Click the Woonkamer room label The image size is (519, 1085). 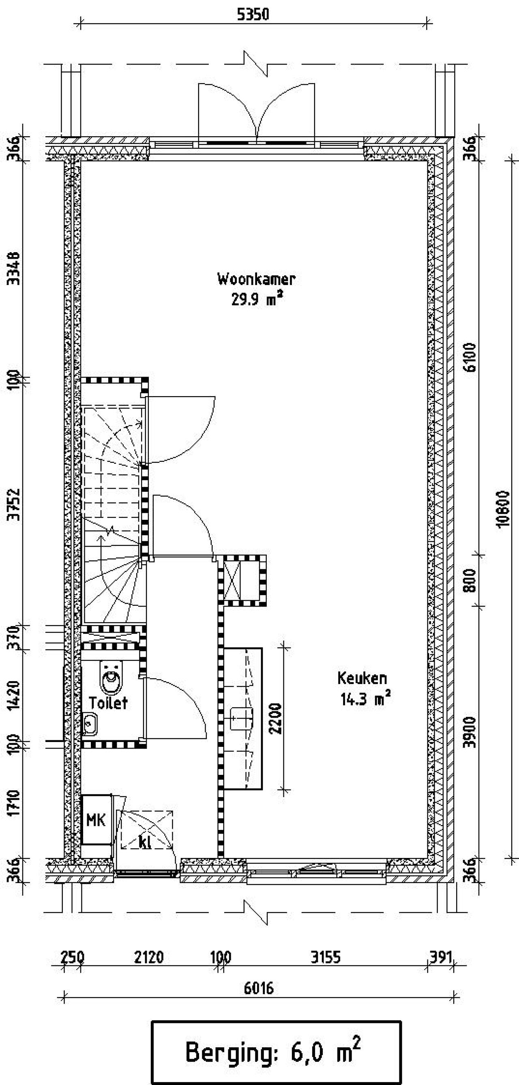[x=256, y=279]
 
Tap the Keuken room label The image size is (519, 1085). [x=362, y=678]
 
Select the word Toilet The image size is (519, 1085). [x=108, y=703]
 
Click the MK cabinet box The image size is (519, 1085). [x=97, y=820]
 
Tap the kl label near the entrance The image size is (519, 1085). [x=144, y=842]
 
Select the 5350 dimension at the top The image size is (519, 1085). [x=253, y=15]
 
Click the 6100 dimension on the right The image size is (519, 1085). [x=471, y=357]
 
